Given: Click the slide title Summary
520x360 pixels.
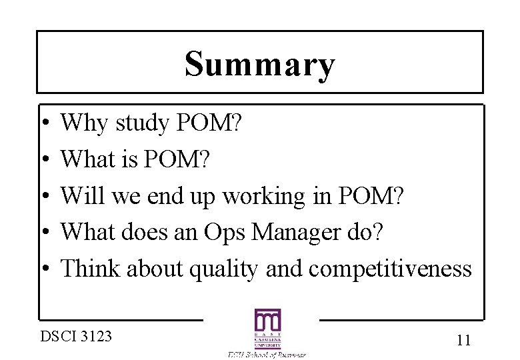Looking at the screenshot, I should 259,65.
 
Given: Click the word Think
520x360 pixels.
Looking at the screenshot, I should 89,269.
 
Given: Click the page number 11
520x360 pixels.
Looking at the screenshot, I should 464,340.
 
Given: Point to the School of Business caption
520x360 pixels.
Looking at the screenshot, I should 267,355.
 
